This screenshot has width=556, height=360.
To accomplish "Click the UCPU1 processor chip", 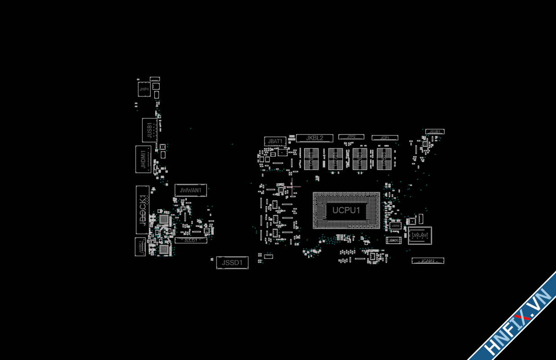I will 346,210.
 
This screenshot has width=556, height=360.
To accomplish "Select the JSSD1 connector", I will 232,262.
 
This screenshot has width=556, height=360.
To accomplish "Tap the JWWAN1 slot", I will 191,190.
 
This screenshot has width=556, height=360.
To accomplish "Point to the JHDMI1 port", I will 143,159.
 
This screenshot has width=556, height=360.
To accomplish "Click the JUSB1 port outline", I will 150,130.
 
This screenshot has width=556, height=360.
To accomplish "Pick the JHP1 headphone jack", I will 144,89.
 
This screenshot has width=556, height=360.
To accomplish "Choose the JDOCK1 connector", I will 143,210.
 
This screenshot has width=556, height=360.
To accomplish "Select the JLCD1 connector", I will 191,240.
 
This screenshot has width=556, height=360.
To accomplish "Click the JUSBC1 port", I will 140,247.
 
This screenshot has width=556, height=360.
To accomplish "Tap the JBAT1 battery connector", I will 275,141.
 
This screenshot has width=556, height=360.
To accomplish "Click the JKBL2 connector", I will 314,138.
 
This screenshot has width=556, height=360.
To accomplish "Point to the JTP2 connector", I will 351,136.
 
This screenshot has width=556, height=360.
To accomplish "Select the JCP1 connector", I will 385,138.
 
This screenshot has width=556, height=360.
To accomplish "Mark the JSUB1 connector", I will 435,131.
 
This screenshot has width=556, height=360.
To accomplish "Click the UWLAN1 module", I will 420,235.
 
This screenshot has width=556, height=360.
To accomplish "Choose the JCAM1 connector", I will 427,261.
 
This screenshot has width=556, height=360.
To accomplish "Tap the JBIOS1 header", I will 394,240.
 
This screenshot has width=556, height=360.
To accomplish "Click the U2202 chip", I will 395,225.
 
